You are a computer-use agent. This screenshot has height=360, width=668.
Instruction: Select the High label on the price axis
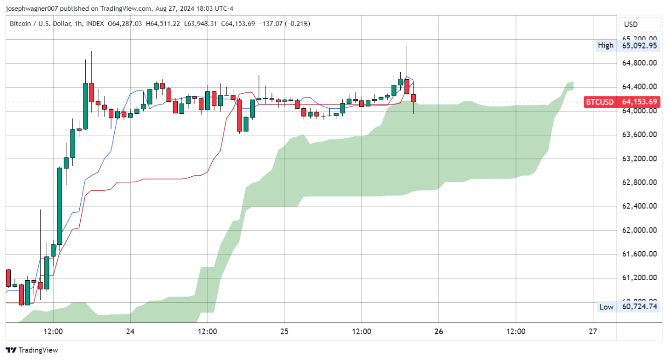(605, 45)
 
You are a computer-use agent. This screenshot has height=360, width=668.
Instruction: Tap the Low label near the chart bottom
(606, 307)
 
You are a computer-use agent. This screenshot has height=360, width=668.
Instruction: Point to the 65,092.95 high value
(640, 45)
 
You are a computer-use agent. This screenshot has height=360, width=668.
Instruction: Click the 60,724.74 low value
(640, 307)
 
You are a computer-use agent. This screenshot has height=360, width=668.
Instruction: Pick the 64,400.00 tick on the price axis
(640, 87)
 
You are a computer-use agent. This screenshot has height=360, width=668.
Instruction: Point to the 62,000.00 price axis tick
(640, 230)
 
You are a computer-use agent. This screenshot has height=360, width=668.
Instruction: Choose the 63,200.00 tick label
(640, 159)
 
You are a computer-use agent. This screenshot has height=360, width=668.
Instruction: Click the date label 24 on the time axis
(130, 332)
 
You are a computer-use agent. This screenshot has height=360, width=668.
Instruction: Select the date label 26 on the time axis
(438, 332)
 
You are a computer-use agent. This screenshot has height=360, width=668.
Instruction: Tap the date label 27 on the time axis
(593, 332)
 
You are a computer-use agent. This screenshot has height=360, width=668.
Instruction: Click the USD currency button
(631, 24)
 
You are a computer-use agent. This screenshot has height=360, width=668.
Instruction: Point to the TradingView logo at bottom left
(32, 350)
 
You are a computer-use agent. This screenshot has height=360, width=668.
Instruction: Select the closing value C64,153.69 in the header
(238, 23)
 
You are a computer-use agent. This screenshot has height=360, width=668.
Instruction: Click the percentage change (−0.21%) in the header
(297, 23)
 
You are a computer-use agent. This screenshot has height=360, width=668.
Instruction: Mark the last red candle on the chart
(413, 98)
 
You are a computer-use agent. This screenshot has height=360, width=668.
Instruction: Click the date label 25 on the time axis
(285, 332)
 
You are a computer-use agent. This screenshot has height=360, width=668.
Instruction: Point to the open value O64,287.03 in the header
(125, 23)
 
